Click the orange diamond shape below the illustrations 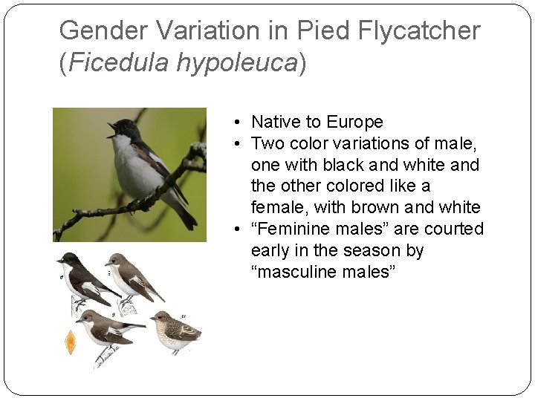[71, 343]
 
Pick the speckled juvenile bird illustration [175, 330]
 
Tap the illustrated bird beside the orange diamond [108, 330]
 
